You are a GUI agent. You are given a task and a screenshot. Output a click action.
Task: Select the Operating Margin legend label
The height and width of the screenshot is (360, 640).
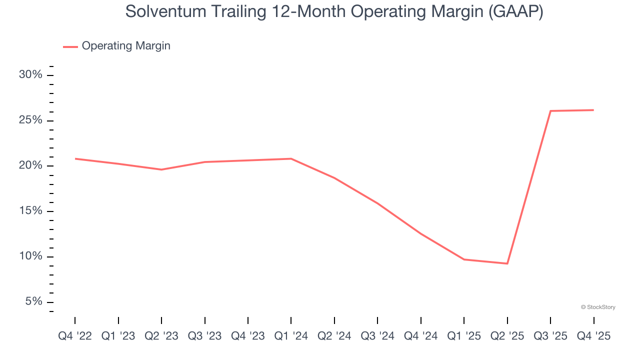126,46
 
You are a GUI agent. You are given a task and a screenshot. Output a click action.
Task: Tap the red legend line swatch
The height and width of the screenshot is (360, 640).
70,46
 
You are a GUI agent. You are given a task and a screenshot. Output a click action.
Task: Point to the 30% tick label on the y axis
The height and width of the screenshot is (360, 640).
31,75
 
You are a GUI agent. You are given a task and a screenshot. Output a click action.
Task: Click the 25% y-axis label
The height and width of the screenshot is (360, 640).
31,120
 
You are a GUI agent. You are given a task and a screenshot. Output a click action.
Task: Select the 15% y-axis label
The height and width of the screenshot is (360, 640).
31,211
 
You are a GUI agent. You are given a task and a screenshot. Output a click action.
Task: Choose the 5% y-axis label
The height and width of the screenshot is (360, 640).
33,302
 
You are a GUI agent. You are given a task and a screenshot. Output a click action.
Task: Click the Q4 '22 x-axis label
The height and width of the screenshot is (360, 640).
75,336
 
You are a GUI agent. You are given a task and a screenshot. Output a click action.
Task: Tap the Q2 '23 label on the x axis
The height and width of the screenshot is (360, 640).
161,336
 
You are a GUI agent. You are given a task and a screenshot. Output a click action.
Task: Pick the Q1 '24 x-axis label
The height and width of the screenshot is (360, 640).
291,336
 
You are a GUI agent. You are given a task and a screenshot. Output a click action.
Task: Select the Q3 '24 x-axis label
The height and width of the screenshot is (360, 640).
377,336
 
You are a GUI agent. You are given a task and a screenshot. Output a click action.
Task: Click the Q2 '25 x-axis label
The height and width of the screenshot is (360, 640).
507,336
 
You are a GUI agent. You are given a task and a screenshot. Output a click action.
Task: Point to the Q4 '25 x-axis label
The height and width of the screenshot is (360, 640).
593,336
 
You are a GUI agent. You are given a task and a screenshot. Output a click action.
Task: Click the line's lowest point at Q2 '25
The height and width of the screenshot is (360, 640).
507,263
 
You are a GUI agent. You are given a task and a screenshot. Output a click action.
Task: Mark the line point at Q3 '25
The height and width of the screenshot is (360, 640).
550,111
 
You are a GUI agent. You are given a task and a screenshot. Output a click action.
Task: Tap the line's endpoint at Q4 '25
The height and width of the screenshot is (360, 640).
593,110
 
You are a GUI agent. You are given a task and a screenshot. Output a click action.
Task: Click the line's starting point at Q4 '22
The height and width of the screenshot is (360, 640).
75,158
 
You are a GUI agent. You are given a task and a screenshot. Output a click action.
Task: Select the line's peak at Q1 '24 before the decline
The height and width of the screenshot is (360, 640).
291,158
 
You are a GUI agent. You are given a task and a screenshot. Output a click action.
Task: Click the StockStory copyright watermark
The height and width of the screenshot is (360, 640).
598,307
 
